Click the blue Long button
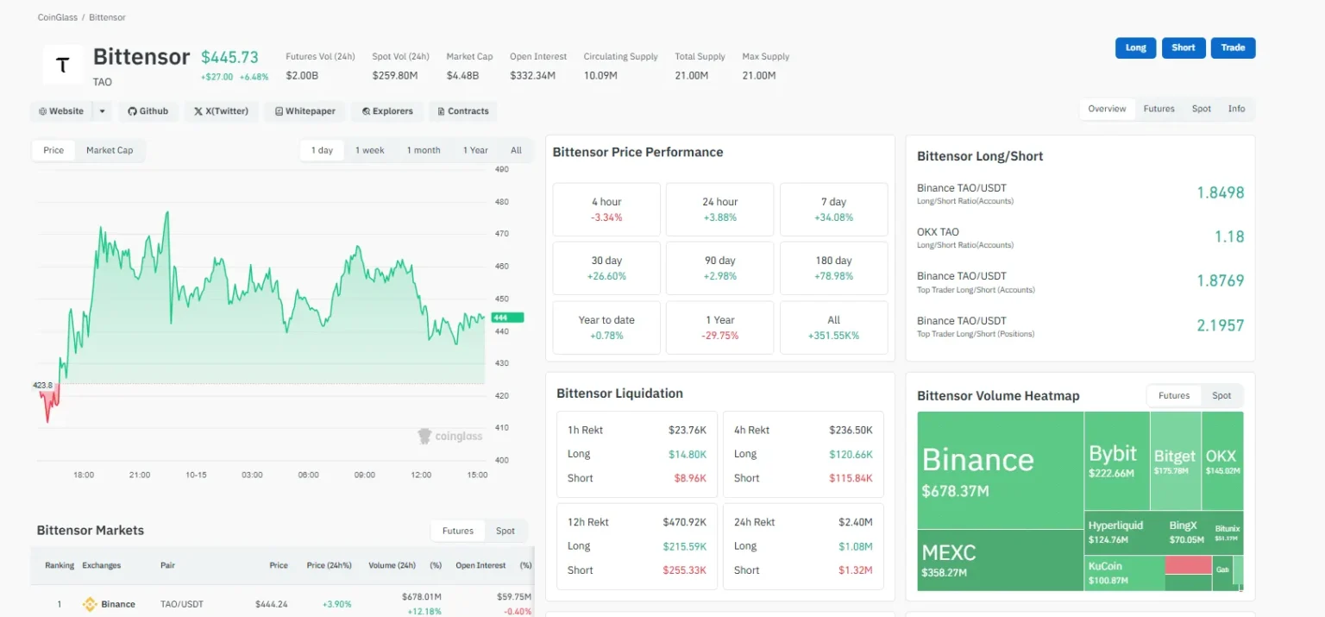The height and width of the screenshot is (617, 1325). [1135, 47]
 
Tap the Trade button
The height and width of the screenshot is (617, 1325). [1233, 47]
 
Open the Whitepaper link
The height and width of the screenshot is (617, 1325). [305, 111]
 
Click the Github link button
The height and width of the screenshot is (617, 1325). [148, 111]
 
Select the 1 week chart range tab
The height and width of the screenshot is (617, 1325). [369, 150]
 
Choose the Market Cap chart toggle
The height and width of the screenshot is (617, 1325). [110, 150]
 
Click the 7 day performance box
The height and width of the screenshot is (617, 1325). [833, 209]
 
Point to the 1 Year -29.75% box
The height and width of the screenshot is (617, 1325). [720, 327]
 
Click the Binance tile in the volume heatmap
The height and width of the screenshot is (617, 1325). [999, 469]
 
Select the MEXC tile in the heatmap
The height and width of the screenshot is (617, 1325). [999, 560]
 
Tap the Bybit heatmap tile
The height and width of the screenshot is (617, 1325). [1116, 460]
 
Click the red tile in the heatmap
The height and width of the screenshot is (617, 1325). [1188, 565]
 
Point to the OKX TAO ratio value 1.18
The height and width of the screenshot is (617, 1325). [1228, 236]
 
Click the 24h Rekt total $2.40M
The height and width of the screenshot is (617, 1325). [855, 522]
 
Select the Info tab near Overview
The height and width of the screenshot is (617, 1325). [1236, 109]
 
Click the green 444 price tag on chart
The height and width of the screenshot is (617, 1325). [506, 318]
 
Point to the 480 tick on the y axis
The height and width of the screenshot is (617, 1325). [501, 202]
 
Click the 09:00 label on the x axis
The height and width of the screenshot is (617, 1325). [364, 475]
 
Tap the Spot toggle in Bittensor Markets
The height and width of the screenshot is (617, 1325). [505, 531]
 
